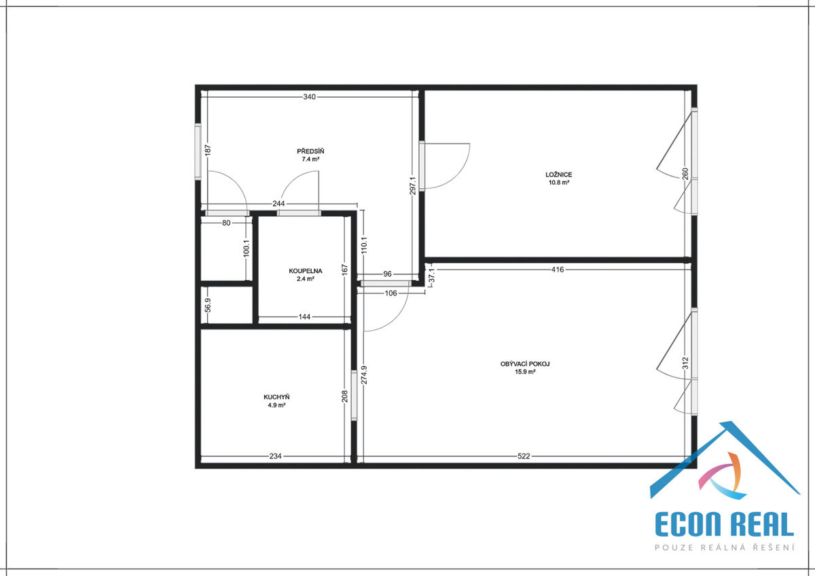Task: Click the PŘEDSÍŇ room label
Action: pyautogui.click(x=310, y=151)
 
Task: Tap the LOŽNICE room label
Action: pyautogui.click(x=558, y=175)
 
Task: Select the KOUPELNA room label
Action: pyautogui.click(x=305, y=271)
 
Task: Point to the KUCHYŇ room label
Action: pyautogui.click(x=276, y=397)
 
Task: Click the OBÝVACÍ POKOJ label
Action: pyautogui.click(x=525, y=364)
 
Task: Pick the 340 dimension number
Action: pyautogui.click(x=309, y=96)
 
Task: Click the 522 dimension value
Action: pyautogui.click(x=524, y=456)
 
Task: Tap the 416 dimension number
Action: pyautogui.click(x=558, y=270)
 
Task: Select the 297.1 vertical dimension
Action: pyautogui.click(x=413, y=185)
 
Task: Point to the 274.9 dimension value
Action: pyautogui.click(x=364, y=375)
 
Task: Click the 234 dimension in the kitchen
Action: pyautogui.click(x=276, y=456)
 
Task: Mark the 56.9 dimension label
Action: pyautogui.click(x=208, y=305)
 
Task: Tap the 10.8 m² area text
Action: pyautogui.click(x=559, y=183)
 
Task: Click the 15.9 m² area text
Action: pyautogui.click(x=525, y=372)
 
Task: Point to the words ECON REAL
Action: pyautogui.click(x=725, y=524)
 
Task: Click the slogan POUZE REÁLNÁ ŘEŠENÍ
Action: pyautogui.click(x=725, y=547)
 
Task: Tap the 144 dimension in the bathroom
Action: pyautogui.click(x=304, y=317)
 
